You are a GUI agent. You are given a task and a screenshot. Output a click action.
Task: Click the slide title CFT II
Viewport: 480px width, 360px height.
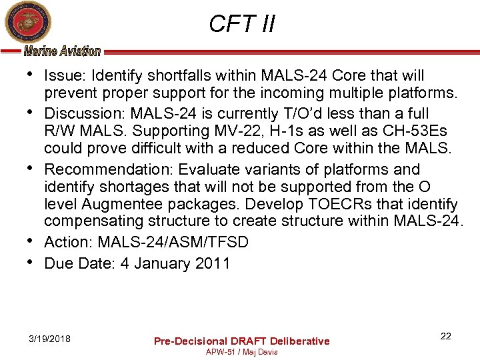click(x=241, y=24)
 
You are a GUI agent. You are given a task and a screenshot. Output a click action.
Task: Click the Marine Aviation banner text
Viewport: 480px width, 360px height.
click(x=62, y=51)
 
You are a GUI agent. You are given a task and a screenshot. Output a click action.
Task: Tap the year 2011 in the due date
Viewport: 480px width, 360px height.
click(x=212, y=263)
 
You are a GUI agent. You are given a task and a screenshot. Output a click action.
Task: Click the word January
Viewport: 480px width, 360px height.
click(x=162, y=263)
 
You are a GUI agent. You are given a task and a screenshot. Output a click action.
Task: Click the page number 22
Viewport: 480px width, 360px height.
click(x=445, y=336)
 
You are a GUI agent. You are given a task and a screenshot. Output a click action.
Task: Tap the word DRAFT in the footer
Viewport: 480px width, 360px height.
click(x=248, y=341)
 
